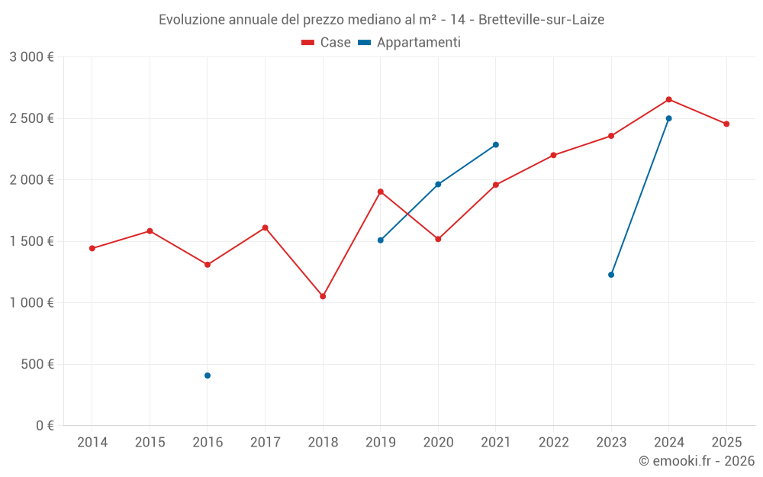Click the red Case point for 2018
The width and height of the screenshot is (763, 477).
pos(323,296)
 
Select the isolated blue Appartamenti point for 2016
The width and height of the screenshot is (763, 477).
pos(208,375)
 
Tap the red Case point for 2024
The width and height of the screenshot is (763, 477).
pos(669,99)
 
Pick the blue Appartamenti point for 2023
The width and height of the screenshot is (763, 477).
pos(611,275)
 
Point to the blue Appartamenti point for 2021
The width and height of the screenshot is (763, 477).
pos(496,144)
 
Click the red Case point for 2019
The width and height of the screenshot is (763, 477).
pos(381,192)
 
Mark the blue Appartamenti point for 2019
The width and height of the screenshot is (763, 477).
pos(381,240)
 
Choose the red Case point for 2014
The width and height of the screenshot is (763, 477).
pos(92,248)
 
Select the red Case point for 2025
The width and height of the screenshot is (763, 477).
pos(726,124)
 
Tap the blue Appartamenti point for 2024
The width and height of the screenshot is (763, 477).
pos(669,118)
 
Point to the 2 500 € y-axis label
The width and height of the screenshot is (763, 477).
pos(31,118)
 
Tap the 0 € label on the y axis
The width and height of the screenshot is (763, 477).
pos(44,425)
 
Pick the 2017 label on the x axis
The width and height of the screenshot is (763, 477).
pos(265,442)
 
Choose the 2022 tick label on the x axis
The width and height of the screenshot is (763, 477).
pos(553,442)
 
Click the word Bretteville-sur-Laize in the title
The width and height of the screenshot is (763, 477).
pos(541,20)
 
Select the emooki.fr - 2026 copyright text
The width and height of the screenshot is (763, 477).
pos(697,461)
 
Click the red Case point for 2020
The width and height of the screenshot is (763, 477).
pos(438,239)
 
